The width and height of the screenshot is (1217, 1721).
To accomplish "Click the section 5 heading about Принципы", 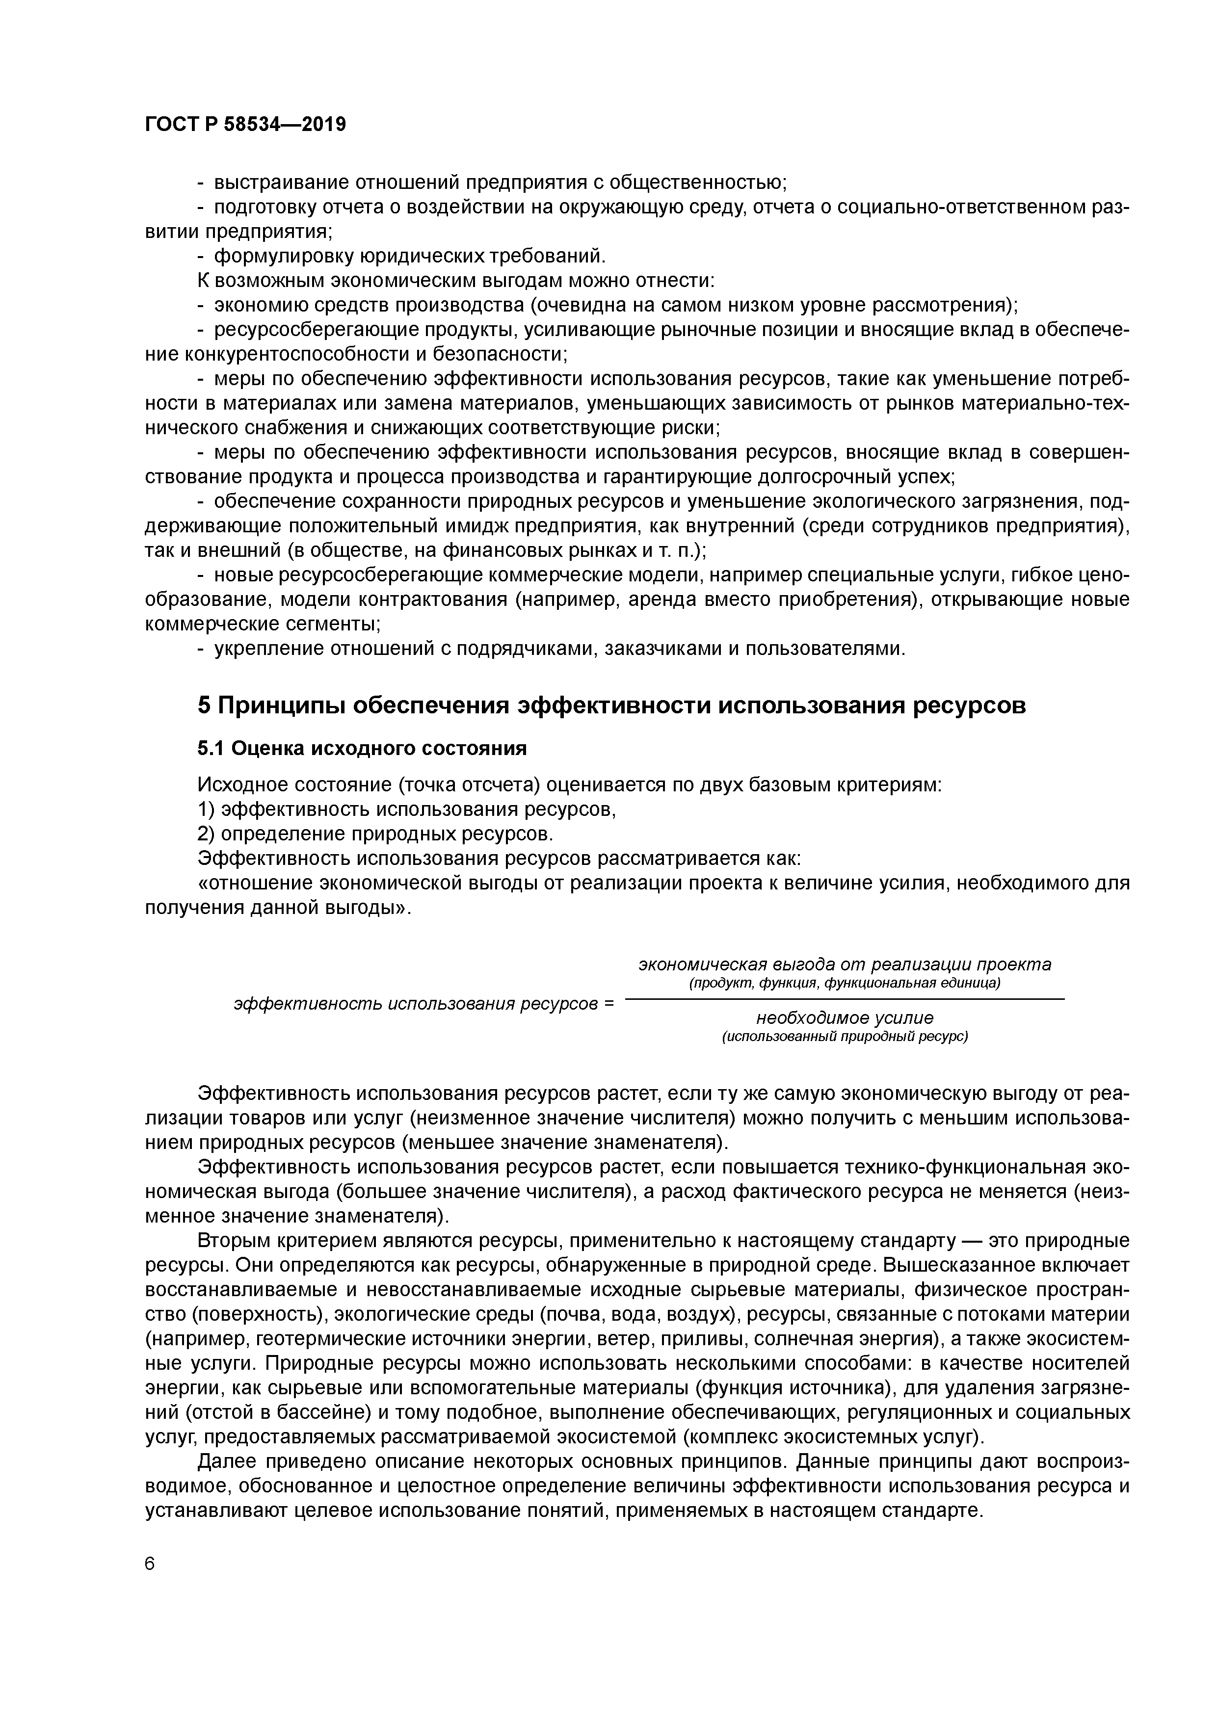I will click(611, 705).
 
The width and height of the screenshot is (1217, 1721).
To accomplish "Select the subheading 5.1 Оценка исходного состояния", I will click(362, 748).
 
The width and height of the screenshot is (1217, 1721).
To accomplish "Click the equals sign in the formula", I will click(608, 1003).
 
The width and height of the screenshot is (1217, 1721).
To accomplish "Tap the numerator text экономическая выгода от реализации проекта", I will click(845, 964).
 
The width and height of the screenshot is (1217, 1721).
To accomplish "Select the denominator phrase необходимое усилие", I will click(845, 1017).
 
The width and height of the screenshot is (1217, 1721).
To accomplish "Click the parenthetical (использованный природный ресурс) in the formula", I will click(845, 1036).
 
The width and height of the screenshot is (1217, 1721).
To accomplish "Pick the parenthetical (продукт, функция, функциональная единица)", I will click(845, 982).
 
